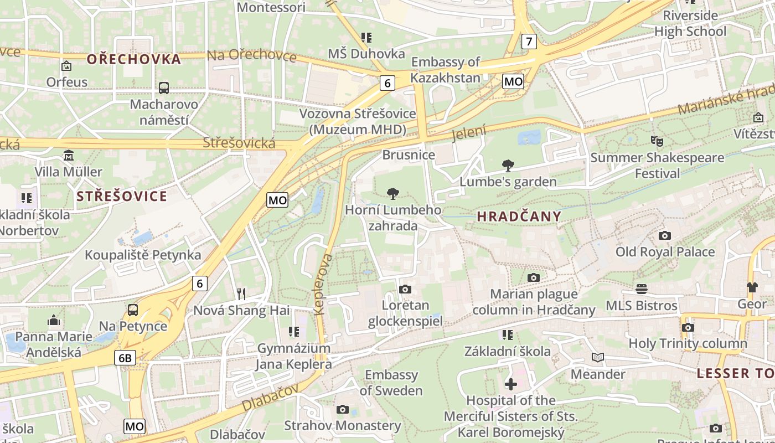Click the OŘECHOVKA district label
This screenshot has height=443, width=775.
tap(134, 59)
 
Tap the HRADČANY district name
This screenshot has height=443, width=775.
tap(519, 217)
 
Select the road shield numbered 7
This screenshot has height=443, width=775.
tap(530, 41)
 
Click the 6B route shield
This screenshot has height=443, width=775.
tap(125, 358)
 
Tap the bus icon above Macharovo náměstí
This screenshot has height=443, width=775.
tap(164, 87)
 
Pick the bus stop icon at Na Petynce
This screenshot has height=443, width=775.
tap(133, 310)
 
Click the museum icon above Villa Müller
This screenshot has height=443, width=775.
tap(69, 155)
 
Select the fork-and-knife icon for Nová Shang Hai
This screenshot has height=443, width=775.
tap(241, 293)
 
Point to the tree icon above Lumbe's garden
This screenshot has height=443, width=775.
tap(508, 165)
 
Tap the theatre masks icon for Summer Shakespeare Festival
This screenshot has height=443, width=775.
tap(657, 141)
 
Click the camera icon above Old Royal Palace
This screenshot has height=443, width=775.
tap(665, 235)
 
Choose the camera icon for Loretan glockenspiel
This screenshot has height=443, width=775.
tap(405, 289)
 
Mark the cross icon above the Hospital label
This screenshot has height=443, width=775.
tap(510, 384)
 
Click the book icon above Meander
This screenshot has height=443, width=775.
tap(598, 358)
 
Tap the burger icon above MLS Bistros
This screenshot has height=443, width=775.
tap(642, 289)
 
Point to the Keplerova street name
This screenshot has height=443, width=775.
tap(323, 285)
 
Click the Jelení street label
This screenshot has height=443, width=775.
tap(468, 133)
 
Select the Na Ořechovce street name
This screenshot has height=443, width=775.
tap(252, 55)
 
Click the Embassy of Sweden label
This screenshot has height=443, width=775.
tap(391, 383)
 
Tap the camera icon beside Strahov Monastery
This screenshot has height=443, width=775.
tap(343, 409)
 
